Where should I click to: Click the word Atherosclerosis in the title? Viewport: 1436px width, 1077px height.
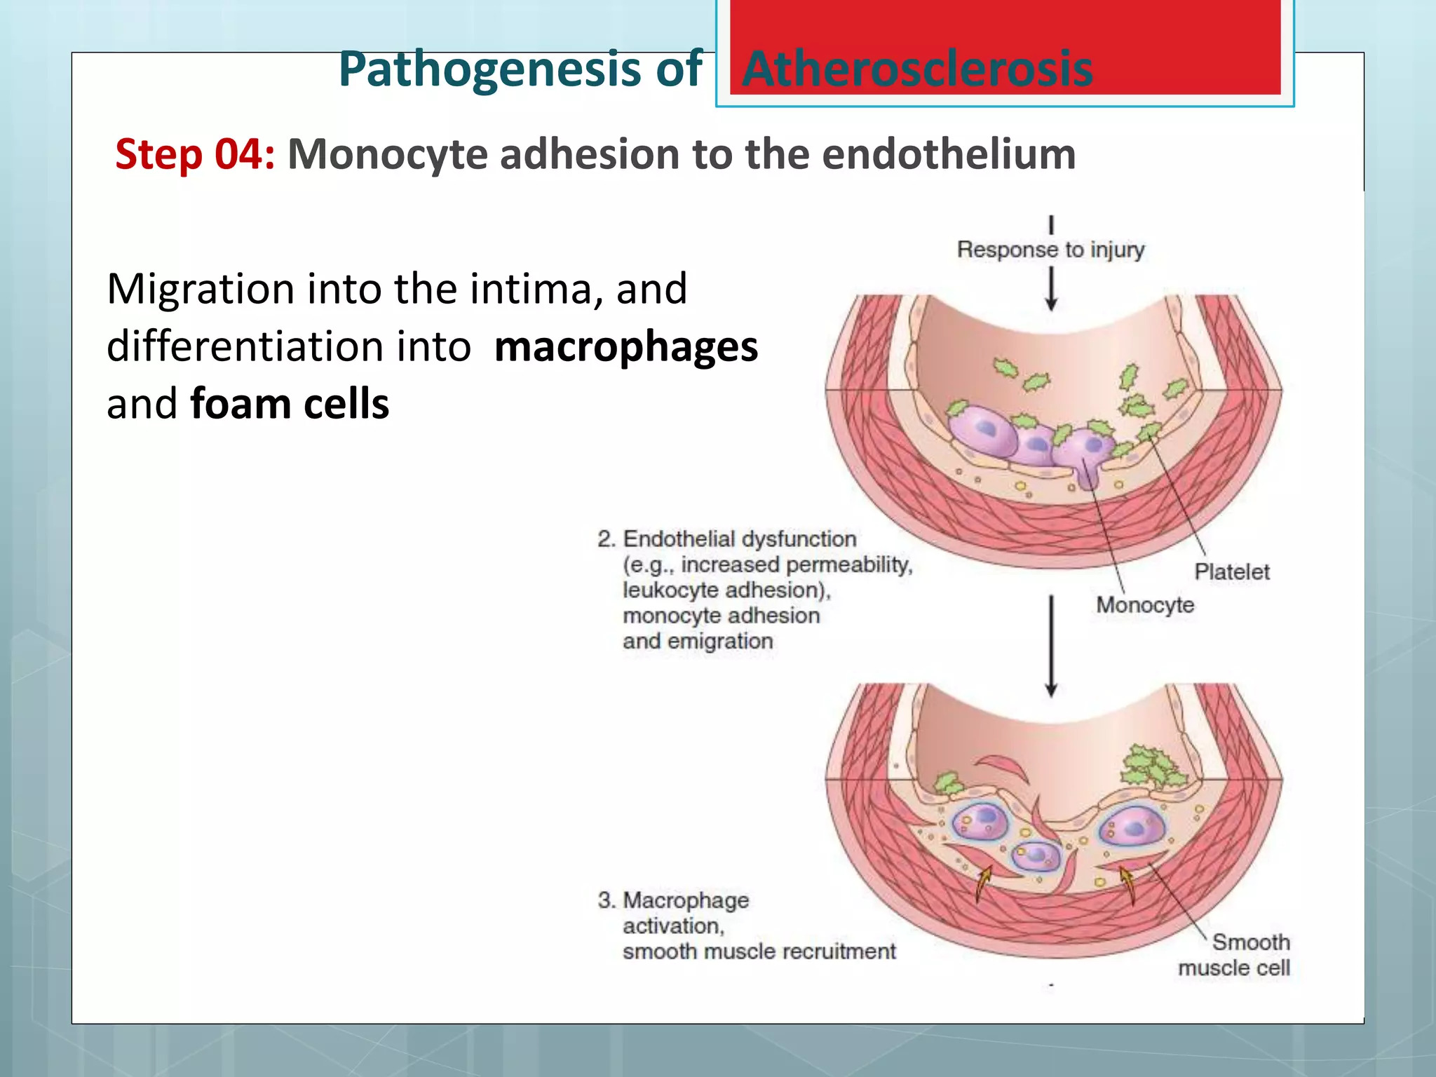tap(916, 69)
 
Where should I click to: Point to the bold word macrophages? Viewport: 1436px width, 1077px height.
tap(625, 346)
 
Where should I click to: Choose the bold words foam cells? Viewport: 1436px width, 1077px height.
tap(289, 404)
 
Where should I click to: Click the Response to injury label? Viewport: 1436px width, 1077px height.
tap(1050, 250)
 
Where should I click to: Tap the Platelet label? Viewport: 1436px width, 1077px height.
tap(1231, 571)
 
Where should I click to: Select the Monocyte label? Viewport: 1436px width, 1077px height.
tap(1144, 604)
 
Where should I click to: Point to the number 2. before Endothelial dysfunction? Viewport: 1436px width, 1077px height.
tap(606, 539)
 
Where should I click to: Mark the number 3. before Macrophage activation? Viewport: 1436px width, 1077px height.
tap(606, 900)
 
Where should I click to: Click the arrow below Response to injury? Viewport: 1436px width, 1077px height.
tap(1051, 289)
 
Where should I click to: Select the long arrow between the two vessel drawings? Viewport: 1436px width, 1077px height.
tap(1051, 645)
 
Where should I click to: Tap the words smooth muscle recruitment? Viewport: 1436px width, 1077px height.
tap(759, 951)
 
